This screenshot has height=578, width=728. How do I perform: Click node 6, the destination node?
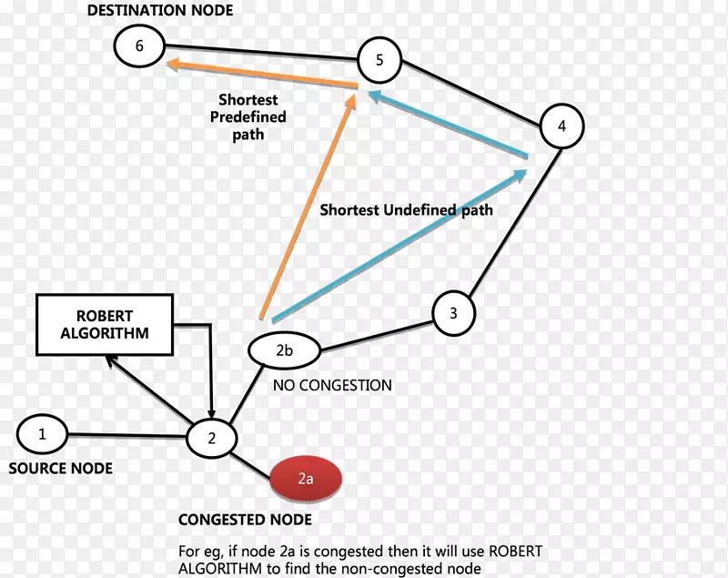pyautogui.click(x=139, y=46)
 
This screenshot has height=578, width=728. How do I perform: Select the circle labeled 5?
pyautogui.click(x=379, y=61)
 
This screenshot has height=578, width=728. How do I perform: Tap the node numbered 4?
pyautogui.click(x=561, y=127)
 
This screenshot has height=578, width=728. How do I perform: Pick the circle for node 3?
pyautogui.click(x=452, y=314)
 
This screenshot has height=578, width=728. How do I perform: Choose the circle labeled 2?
pyautogui.click(x=211, y=438)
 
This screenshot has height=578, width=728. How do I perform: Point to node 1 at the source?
pyautogui.click(x=41, y=434)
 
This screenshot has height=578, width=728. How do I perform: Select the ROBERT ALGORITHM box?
pyautogui.click(x=104, y=325)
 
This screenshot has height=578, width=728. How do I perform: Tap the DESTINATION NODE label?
pyautogui.click(x=160, y=11)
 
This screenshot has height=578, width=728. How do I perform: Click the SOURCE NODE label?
pyautogui.click(x=60, y=468)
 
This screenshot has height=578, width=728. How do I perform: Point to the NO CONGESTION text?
pyautogui.click(x=332, y=385)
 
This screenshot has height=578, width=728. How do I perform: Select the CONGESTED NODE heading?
pyautogui.click(x=245, y=520)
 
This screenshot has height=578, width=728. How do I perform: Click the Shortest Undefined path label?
pyautogui.click(x=406, y=210)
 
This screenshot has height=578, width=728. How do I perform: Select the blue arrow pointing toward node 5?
pyautogui.click(x=446, y=122)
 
